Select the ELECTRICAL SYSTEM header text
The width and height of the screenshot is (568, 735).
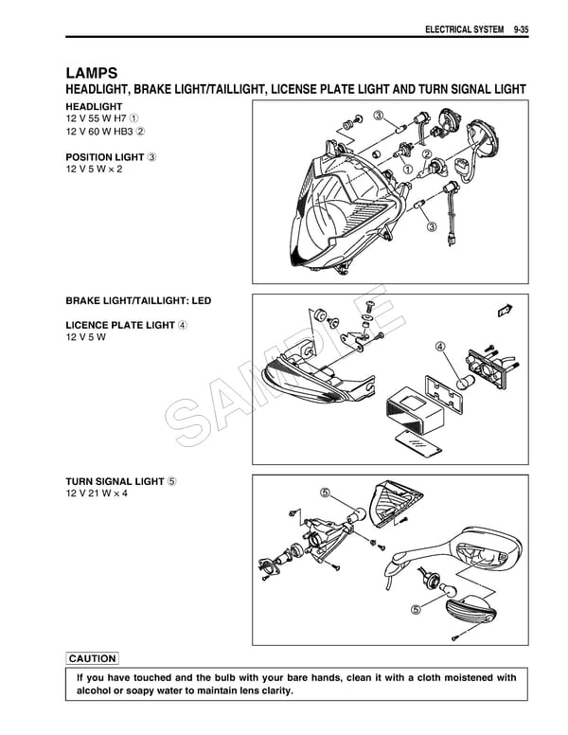tap(465, 30)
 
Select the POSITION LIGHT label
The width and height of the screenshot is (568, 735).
tap(105, 156)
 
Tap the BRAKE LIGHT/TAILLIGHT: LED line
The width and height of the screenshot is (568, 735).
tap(138, 301)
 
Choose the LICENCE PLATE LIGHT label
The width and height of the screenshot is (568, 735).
tap(120, 325)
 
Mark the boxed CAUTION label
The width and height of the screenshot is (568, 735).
tap(93, 658)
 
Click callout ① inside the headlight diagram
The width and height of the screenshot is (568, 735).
tap(409, 169)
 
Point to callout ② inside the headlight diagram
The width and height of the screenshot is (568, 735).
tap(427, 154)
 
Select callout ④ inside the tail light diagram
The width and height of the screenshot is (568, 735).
tap(440, 347)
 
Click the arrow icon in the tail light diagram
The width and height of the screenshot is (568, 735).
tap(504, 309)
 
